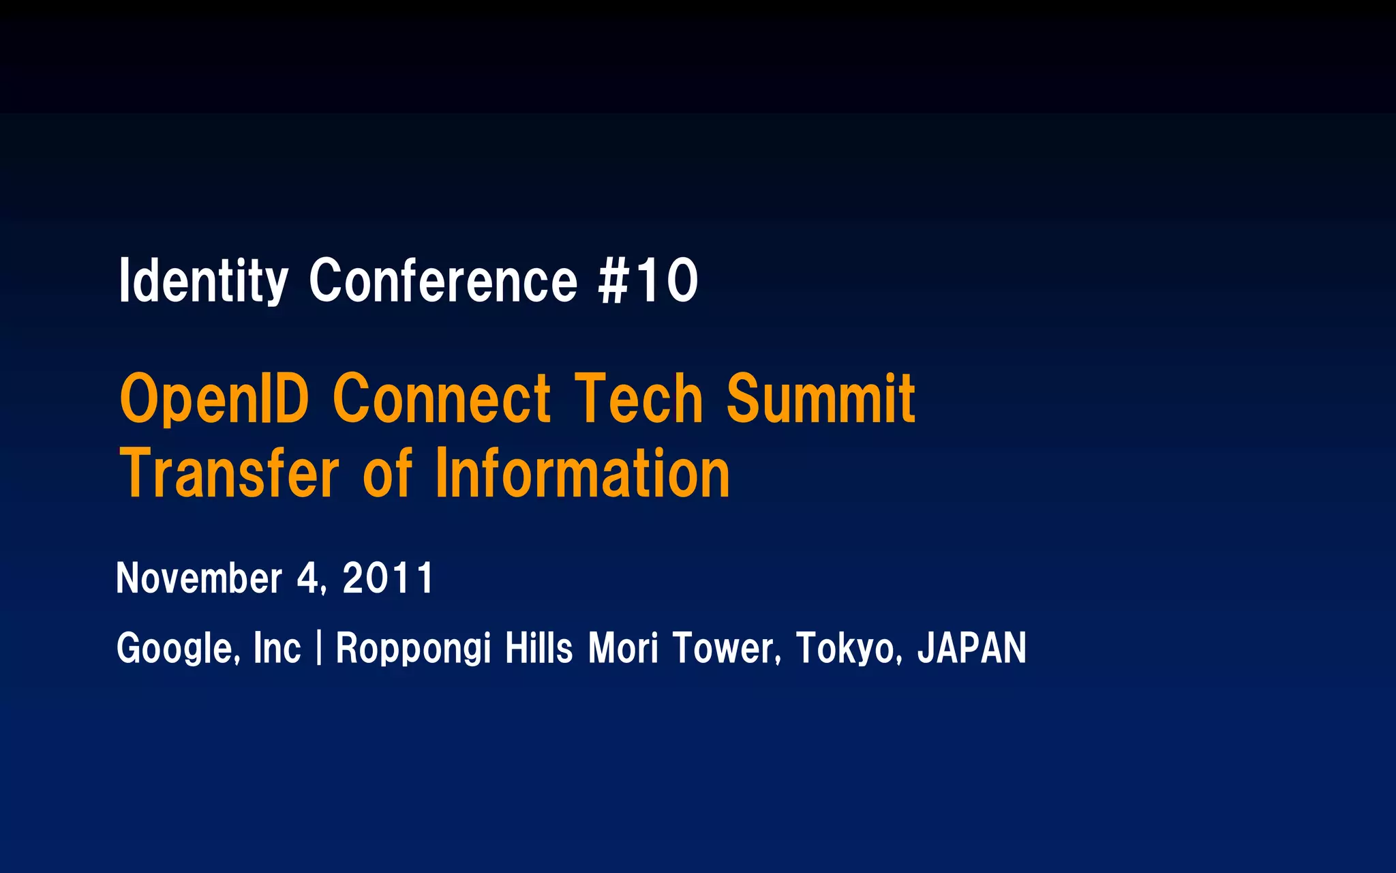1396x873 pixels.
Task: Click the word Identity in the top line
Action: point(203,280)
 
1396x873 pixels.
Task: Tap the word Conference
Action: point(444,280)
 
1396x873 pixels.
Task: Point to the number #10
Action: point(648,280)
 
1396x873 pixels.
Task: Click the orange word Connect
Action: point(441,399)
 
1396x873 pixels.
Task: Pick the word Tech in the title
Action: point(639,399)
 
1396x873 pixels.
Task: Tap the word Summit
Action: point(821,399)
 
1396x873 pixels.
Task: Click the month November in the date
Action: point(199,578)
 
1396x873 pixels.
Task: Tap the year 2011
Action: point(387,578)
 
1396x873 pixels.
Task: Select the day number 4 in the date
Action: point(308,578)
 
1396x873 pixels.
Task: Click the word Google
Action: point(177,647)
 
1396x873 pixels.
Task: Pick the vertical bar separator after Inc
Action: point(318,647)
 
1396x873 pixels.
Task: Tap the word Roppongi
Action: point(413,647)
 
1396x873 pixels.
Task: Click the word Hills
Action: point(538,647)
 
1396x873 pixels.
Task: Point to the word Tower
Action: point(725,647)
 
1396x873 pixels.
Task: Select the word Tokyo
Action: point(845,647)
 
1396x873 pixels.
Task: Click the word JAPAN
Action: point(971,647)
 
